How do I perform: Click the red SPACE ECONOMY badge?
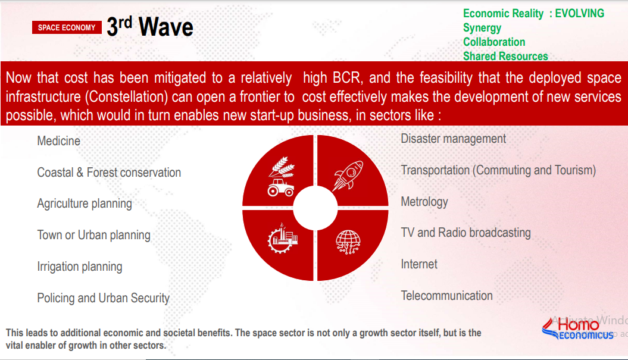point(67,27)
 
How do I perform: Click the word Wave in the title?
point(166,27)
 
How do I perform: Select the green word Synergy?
point(482,28)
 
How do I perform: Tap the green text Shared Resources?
point(505,56)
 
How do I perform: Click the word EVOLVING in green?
point(580,13)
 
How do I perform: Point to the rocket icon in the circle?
point(348,176)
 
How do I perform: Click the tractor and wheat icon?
point(282,177)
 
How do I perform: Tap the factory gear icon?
point(283,238)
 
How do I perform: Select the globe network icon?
point(348,242)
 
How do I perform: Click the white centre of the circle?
point(315,208)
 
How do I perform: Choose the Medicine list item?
point(58,141)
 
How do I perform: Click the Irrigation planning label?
point(80,267)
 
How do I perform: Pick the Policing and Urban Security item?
point(104,298)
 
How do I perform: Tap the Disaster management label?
point(454,139)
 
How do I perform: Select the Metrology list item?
point(424,202)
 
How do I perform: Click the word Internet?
point(419,264)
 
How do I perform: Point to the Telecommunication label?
point(446,296)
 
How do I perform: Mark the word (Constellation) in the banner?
point(127,96)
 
